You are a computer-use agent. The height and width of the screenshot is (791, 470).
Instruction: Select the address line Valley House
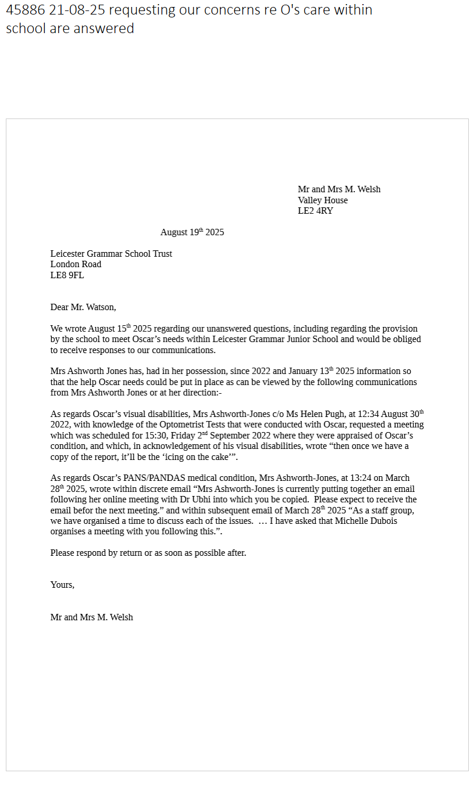pos(323,200)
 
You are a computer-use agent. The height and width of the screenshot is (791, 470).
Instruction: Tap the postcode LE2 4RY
pos(315,211)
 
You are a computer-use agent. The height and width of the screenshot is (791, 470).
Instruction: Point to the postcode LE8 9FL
pos(67,275)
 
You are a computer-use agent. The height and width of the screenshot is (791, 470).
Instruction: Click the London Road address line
pos(76,264)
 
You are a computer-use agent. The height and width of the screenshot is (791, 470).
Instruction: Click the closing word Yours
pos(62,585)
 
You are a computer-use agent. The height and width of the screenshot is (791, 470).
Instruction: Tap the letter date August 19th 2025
pos(192,232)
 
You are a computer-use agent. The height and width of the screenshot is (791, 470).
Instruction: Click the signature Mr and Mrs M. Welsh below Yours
pos(91,617)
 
